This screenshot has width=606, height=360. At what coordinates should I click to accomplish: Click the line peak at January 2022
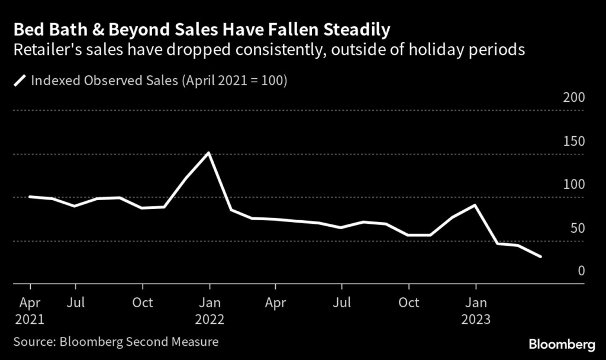(x=208, y=153)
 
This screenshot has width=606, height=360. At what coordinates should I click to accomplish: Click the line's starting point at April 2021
(x=30, y=197)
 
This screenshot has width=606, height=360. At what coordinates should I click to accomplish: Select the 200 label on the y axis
(x=573, y=98)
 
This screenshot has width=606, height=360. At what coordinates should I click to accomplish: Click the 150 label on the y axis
(x=573, y=142)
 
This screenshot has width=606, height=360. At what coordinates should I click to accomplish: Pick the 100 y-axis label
(x=573, y=185)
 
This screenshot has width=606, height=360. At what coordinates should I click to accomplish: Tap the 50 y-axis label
(x=577, y=228)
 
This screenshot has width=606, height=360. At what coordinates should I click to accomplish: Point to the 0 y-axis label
(x=581, y=271)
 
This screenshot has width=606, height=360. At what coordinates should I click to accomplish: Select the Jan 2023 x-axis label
(x=475, y=311)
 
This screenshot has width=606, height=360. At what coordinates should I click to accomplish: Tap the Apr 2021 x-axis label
(x=30, y=311)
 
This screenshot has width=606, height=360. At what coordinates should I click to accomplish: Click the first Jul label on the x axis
(x=75, y=303)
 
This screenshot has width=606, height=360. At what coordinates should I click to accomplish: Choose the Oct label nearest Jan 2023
(x=408, y=303)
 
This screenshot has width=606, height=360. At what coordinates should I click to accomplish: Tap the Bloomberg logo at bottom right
(x=561, y=344)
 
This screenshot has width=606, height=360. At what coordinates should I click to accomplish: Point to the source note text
(x=116, y=341)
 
